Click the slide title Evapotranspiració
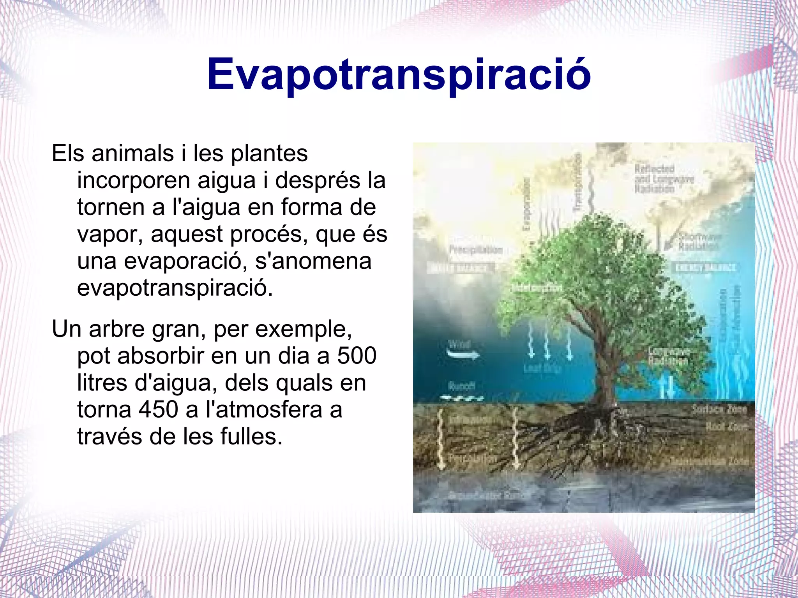point(399,74)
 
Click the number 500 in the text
point(357,355)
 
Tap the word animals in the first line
point(132,153)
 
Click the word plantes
point(269,153)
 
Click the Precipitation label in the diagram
point(476,249)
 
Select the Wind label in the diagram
point(460,344)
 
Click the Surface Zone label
point(719,409)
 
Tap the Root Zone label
point(726,427)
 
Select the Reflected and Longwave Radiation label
point(664,178)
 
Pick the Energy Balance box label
point(705,267)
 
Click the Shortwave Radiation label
point(699,242)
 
